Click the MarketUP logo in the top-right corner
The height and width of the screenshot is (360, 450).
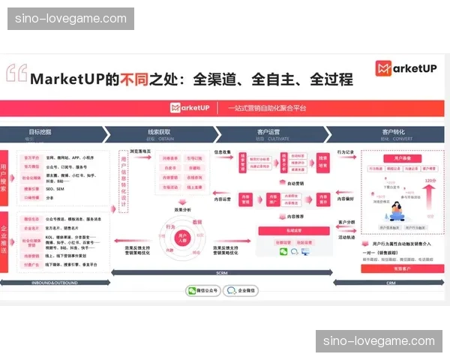(405, 70)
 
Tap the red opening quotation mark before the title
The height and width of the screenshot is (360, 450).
(16, 73)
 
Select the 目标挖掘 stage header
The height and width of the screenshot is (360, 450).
(40, 133)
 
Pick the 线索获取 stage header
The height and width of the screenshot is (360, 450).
(160, 133)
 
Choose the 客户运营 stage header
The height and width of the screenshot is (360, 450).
(269, 133)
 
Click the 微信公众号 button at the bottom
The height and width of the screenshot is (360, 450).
(202, 289)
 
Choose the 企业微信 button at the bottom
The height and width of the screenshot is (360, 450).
(242, 289)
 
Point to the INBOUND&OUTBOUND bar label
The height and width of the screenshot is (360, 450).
(55, 282)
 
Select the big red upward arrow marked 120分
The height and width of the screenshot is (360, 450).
(430, 197)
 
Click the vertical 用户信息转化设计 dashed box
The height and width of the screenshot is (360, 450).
(124, 184)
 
